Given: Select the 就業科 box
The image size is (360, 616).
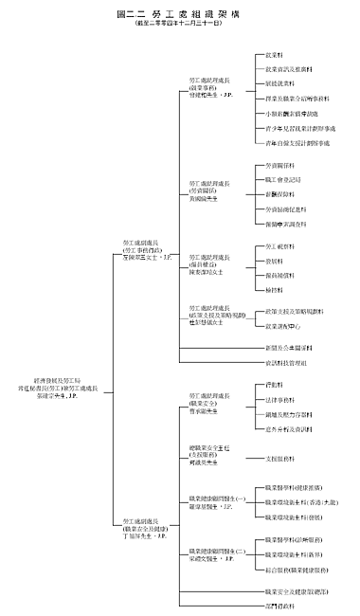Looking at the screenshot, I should tap(272, 56).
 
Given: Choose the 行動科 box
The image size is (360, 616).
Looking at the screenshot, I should tap(272, 386).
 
